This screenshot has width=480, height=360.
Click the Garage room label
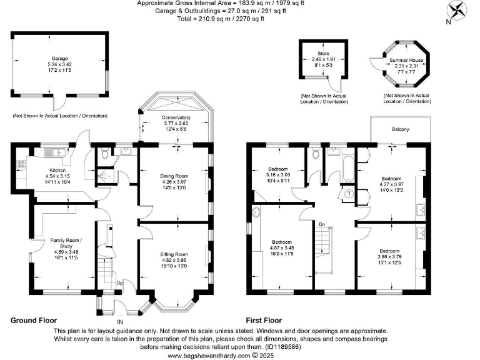tap(60, 58)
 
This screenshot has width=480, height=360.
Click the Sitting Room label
tap(173, 254)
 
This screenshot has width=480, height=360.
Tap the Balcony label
tap(401, 129)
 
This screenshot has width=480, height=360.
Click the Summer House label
tap(406, 61)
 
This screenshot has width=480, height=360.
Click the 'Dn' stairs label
tap(322, 224)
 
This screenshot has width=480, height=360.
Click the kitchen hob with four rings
tap(21, 166)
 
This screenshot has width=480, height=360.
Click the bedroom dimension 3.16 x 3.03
tap(278, 176)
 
